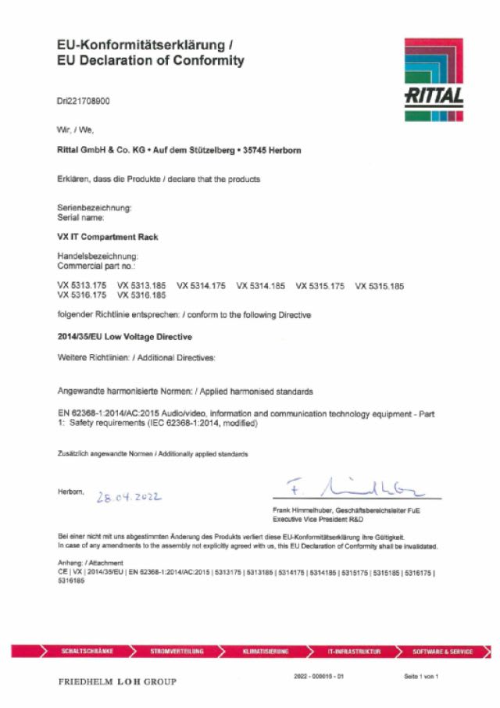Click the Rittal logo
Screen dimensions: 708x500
pos(434,79)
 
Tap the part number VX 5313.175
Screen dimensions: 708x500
pos(82,287)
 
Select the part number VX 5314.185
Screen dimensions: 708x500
pos(260,287)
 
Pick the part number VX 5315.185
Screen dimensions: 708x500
pos(380,287)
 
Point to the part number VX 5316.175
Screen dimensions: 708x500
pos(82,295)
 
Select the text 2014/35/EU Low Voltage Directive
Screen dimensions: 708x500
pos(125,337)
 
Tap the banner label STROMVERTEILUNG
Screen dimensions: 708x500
pos(177,651)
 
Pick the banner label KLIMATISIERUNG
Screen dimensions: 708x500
pos(266,651)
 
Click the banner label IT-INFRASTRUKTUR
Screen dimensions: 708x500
pos(355,651)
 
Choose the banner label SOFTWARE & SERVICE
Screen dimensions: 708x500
pos(442,651)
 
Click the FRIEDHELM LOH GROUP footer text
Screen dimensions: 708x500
pos(117,681)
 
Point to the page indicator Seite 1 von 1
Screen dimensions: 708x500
pos(421,676)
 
